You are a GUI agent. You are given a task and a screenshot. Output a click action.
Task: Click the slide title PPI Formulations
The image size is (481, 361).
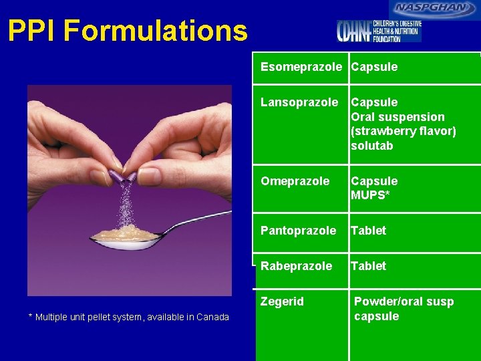pos(128,31)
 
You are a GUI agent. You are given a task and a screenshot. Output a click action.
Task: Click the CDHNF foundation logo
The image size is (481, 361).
pos(379,31)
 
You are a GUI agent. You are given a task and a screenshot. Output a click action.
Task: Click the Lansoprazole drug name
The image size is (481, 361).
pos(299,102)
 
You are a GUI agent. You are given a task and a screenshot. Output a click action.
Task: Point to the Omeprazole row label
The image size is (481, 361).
pos(295,181)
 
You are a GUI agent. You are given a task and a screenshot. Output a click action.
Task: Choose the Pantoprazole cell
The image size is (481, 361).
pos(298,231)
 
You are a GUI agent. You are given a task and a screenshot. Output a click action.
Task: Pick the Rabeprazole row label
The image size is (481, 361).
pos(296,266)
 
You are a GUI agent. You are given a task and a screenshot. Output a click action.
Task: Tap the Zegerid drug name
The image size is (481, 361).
pos(282,302)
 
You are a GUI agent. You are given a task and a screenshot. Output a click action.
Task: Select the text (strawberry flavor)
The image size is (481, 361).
pos(404,131)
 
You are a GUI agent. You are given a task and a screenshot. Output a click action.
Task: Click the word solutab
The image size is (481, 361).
pos(372,146)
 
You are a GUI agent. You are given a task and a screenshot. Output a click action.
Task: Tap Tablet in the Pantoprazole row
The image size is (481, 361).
pos(369,231)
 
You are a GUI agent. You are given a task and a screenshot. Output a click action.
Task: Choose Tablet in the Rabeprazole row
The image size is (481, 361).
pos(369,266)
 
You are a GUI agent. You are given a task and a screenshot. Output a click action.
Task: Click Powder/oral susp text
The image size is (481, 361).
pos(404,302)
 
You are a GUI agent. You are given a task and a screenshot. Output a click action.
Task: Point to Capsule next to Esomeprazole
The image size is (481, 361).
pos(374,67)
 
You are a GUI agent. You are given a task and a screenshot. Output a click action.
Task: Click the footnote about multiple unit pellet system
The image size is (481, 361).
pos(129,317)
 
